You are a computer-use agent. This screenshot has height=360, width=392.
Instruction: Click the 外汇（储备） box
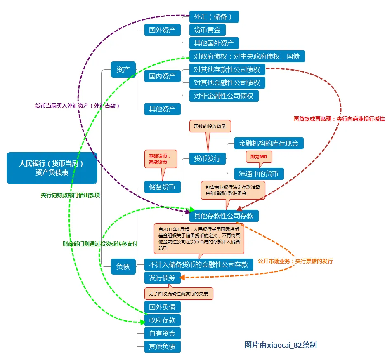tap(214, 17)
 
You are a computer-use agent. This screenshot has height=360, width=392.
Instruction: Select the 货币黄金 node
tap(207, 30)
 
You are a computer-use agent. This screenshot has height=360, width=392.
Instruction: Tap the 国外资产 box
tap(162, 30)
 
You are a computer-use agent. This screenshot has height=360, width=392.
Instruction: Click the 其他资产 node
tap(162, 109)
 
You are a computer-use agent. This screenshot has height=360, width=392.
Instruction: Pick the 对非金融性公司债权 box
tap(224, 96)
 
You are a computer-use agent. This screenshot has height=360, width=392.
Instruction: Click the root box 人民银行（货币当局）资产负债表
tap(52, 168)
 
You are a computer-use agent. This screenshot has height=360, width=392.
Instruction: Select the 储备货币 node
tap(162, 187)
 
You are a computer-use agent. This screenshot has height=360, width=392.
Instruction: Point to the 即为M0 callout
tap(259, 157)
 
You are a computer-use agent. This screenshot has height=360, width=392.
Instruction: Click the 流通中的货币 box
tap(259, 174)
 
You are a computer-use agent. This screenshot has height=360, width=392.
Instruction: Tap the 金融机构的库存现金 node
tap(269, 144)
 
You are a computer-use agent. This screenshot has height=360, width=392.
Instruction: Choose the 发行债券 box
tap(162, 278)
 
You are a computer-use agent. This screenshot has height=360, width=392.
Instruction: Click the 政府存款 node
tap(162, 320)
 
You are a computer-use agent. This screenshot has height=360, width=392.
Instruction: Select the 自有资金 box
tap(162, 333)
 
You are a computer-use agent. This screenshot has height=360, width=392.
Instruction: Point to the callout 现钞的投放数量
tap(210, 126)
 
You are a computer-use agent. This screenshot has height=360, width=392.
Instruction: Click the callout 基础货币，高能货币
tap(160, 159)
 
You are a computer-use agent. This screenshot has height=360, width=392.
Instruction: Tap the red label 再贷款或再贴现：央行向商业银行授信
tap(339, 119)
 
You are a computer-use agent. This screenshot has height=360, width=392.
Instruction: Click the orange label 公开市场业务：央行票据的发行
tap(295, 261)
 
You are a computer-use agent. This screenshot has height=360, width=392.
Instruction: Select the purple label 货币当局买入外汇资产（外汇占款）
tap(77, 106)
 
